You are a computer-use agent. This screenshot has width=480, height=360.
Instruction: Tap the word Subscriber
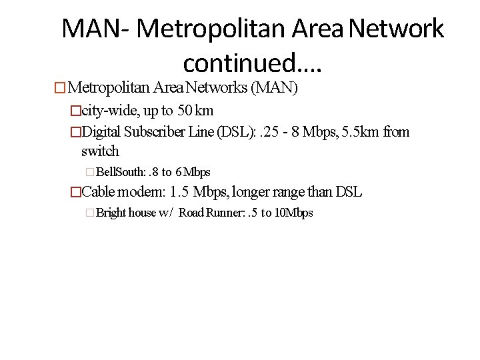tap(157, 132)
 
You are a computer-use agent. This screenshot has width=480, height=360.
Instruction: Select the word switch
tap(100, 151)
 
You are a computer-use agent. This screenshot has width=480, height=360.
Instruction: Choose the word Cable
tap(99, 193)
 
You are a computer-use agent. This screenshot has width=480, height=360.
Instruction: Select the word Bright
tap(111, 213)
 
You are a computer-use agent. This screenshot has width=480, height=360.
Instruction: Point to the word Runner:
tap(231, 213)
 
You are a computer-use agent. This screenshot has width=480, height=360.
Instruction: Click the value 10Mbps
tap(293, 213)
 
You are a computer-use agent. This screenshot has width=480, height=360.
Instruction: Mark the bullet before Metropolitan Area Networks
tap(61, 88)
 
